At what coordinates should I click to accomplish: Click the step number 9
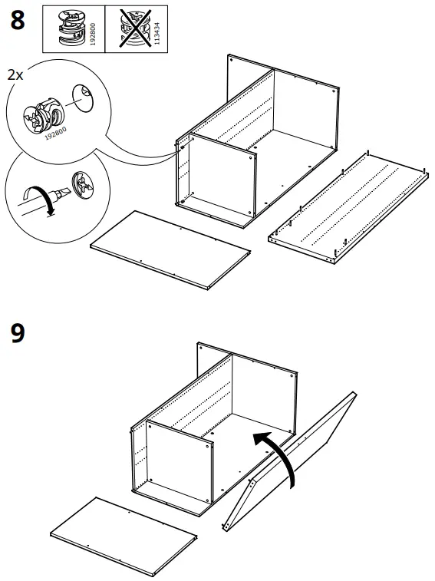click(17, 335)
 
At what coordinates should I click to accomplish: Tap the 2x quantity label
click(15, 75)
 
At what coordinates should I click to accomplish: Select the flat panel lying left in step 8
click(171, 249)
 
